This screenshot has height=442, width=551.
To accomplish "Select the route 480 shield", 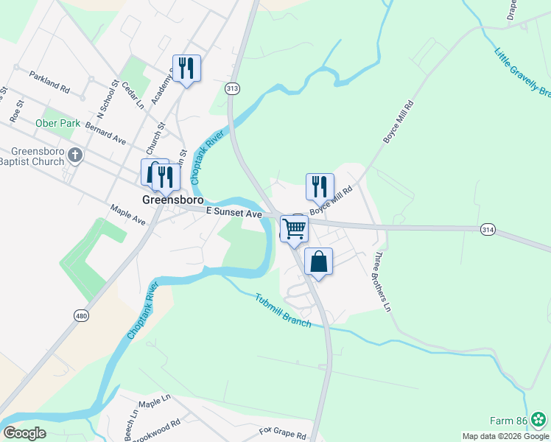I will [82, 315].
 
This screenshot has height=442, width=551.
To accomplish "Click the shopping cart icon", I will [294, 229].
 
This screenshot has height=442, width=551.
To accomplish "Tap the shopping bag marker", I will [318, 262].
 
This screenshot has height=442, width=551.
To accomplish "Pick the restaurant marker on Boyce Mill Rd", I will [320, 187].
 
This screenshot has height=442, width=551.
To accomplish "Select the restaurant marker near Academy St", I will [186, 69].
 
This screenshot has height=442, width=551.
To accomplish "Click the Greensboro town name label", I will [172, 200].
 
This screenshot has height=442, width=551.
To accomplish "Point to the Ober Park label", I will [57, 123].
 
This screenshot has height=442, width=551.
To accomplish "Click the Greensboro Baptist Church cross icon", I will [75, 155].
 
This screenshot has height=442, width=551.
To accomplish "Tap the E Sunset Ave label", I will [234, 213].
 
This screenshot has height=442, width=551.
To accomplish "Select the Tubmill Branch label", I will [284, 309].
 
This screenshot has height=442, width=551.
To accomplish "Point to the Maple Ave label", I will [127, 215].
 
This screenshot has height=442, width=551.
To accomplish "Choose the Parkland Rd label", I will [49, 81].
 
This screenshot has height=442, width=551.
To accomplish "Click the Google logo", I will [24, 433].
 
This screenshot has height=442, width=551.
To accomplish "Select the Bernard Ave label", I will [105, 133].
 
